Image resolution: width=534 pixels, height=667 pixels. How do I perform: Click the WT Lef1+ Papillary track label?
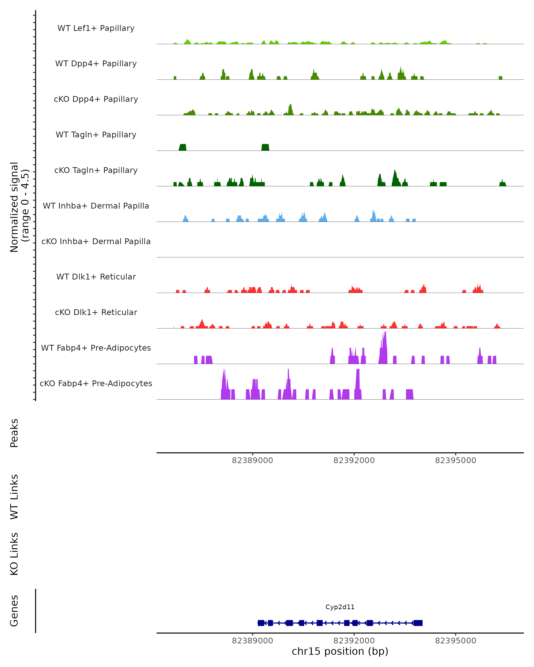pos(96,28)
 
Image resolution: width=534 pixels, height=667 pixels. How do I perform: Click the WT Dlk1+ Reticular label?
pos(96,277)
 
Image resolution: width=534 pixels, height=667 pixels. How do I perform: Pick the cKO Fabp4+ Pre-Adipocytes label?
pos(96,383)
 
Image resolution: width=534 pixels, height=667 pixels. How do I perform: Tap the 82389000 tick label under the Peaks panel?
pos(252,460)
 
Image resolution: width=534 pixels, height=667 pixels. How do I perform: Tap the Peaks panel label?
pos(14,433)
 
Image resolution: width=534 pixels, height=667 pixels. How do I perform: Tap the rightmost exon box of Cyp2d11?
pos(418,623)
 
